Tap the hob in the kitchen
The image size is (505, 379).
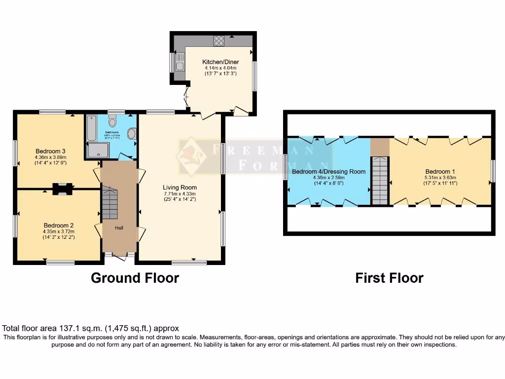pos(218,41)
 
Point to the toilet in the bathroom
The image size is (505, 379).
pos(113,121)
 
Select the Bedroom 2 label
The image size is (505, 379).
pos(58,225)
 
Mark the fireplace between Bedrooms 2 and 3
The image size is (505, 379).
pos(61,188)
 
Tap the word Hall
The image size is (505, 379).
pos(119,228)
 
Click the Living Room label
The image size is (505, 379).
pos(180,187)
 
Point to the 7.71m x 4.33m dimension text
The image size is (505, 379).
pos(180,193)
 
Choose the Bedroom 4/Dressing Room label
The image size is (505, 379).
pos(328,171)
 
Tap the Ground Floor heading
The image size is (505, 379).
pos(135,278)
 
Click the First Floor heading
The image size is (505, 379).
pos(389,278)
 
